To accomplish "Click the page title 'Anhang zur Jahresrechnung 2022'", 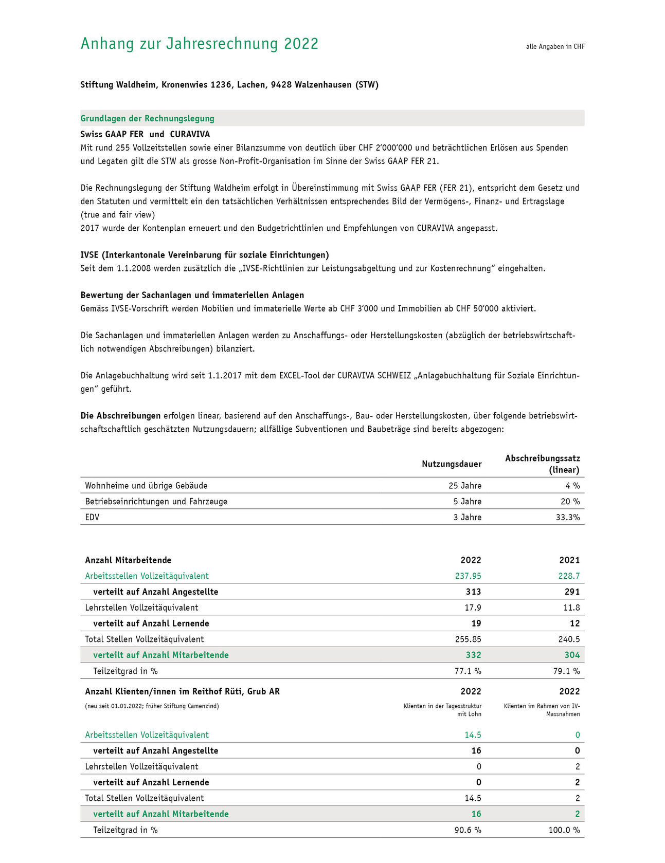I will [200, 44].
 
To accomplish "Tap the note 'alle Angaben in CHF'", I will [555, 47].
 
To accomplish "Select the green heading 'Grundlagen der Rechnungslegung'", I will [147, 118].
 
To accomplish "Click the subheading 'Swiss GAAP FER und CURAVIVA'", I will [145, 134].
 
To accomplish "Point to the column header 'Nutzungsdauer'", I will [452, 464].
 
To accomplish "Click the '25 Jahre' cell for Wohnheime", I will [465, 486].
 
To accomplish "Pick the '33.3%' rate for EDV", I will [568, 517].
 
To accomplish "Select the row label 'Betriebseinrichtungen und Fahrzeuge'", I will [156, 502].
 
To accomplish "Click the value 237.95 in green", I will [468, 576].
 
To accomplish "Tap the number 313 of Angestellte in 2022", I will [473, 592].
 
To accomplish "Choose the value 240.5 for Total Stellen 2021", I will [569, 639].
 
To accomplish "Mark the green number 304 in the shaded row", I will [572, 655].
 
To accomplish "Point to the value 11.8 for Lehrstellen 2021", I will [571, 608].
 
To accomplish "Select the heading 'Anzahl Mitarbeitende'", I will [128, 560].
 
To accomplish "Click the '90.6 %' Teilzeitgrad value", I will [468, 830].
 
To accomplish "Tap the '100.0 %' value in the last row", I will [564, 830].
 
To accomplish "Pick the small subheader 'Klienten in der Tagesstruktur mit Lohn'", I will [443, 710].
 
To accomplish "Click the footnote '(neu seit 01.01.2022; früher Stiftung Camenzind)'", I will [152, 706].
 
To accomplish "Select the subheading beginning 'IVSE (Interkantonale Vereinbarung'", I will [205, 255].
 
